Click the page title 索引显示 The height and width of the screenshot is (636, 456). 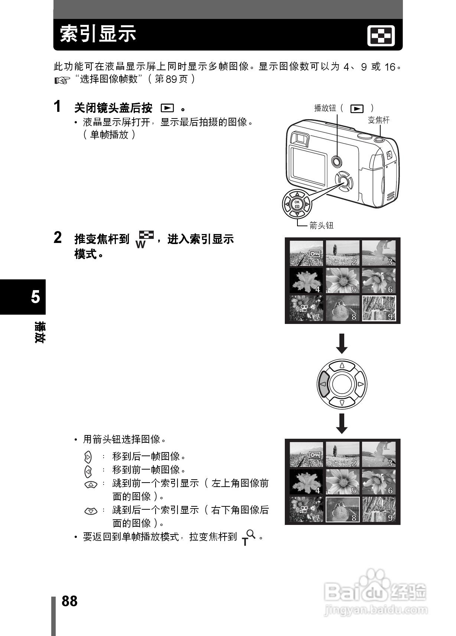point(98,34)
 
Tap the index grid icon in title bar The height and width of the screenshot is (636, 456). point(381,36)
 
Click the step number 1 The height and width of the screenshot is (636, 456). point(57,107)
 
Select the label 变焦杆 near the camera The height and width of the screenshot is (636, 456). point(378,120)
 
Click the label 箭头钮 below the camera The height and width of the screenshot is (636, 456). point(322,225)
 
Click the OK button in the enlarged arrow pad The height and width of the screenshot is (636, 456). point(297,204)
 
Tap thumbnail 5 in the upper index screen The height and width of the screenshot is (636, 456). point(342,280)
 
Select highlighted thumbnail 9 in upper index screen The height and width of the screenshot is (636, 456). point(379,308)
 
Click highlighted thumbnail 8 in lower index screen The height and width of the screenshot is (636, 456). point(342,509)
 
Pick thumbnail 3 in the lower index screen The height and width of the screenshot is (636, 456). point(379,454)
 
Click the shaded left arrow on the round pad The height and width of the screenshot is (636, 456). point(323,384)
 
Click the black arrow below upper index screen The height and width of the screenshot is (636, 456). point(342,344)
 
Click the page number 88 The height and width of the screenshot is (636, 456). point(69,601)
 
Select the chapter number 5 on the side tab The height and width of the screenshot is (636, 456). point(35,297)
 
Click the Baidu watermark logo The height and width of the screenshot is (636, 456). point(375,590)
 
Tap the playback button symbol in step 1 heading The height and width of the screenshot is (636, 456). point(167,108)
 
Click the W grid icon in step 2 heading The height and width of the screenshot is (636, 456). point(144,239)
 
